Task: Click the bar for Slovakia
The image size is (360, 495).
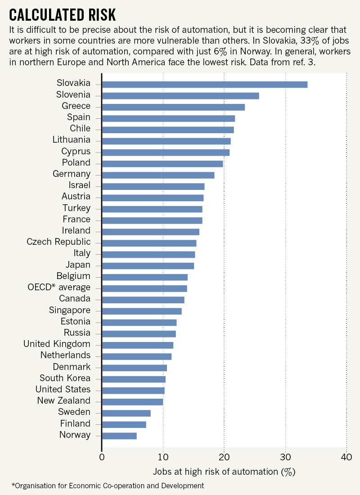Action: [205, 84]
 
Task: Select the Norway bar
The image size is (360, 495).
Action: [119, 436]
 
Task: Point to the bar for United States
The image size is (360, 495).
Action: [133, 390]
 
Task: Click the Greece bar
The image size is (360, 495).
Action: [173, 107]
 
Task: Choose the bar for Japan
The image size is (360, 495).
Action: [148, 265]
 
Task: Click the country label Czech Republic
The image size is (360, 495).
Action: [58, 242]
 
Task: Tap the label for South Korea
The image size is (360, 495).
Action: [65, 378]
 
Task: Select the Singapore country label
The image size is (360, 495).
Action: [69, 310]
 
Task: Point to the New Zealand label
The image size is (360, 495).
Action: [63, 400]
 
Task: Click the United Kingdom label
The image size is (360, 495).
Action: [57, 344]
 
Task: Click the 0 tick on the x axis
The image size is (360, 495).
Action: [102, 458]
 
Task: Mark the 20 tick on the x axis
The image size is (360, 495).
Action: [224, 458]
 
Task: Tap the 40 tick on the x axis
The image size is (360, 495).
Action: [346, 458]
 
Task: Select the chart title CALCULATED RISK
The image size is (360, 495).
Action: [63, 15]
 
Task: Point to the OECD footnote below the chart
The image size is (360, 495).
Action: [108, 486]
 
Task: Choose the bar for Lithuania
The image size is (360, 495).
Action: [166, 141]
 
